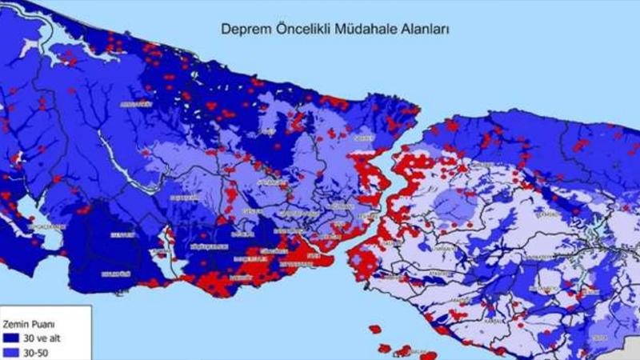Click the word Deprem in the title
[x=242, y=29]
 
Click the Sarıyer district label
[x=364, y=137]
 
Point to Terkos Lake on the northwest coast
[x=60, y=51]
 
